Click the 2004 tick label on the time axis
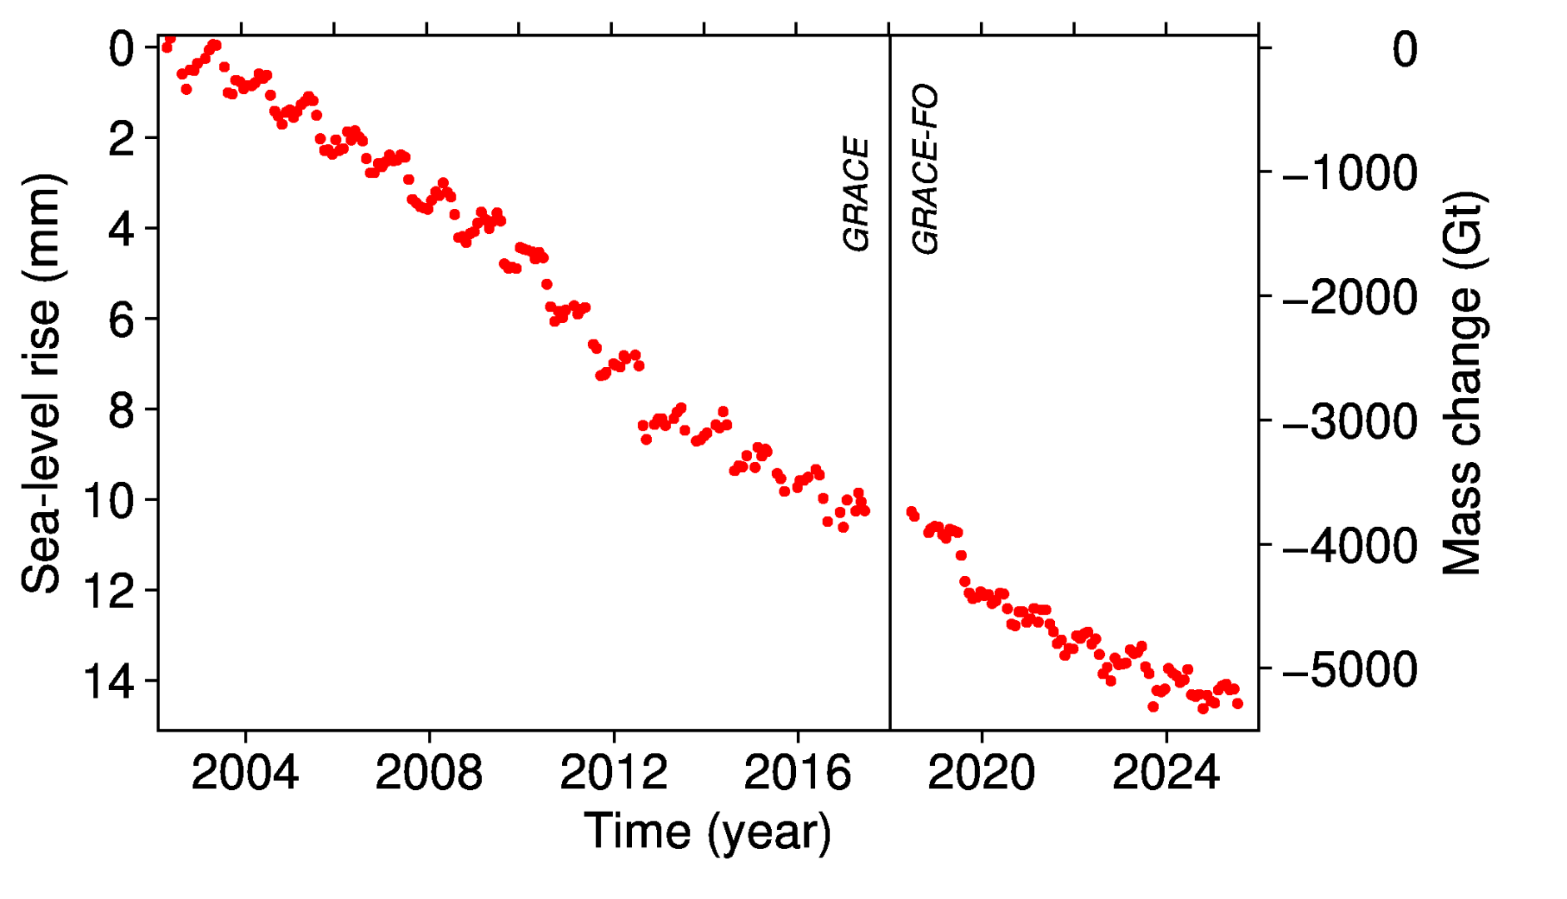[x=244, y=773]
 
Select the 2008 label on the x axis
[x=428, y=773]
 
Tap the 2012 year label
[x=613, y=773]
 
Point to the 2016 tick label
[x=797, y=773]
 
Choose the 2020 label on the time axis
[x=981, y=773]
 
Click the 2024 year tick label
[x=1165, y=773]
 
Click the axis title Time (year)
[x=708, y=832]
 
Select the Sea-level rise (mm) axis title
[x=42, y=383]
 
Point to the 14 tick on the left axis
[x=108, y=682]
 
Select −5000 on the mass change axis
[x=1351, y=669]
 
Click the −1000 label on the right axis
[x=1351, y=173]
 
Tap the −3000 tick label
[x=1351, y=421]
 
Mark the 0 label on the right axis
[x=1405, y=50]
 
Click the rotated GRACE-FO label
[x=925, y=169]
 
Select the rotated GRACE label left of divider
[x=856, y=194]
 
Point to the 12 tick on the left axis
[x=108, y=591]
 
